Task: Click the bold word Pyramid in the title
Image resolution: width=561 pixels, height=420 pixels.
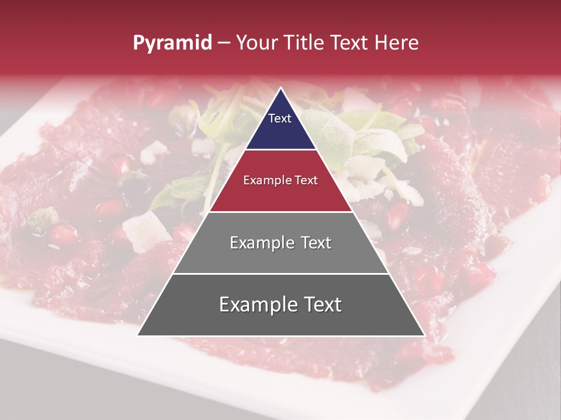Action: (x=172, y=43)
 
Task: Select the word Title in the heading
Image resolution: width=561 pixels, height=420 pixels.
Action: (x=304, y=43)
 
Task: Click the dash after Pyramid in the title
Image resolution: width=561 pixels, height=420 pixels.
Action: (x=224, y=43)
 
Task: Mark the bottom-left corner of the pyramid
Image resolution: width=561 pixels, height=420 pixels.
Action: (x=138, y=335)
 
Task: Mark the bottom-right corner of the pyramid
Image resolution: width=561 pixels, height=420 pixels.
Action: (x=424, y=335)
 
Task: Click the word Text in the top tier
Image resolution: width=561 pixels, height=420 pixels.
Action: (x=280, y=118)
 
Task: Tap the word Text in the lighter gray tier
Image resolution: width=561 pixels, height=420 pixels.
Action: (x=312, y=243)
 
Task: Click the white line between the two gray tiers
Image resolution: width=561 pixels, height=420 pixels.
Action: (x=281, y=274)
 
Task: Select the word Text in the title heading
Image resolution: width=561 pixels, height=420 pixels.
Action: (x=350, y=43)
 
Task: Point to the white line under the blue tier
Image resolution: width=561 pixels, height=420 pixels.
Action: (x=281, y=150)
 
